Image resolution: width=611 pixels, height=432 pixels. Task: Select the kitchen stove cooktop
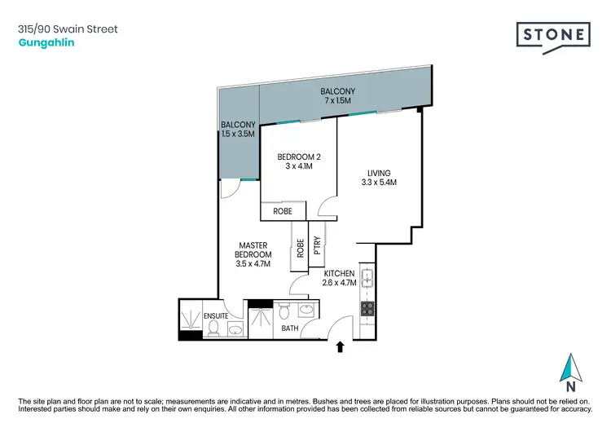tap(367, 309)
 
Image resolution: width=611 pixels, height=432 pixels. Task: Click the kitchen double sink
tap(367, 280)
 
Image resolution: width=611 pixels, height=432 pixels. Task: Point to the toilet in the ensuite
tap(213, 327)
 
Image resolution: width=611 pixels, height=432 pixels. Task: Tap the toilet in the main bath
tap(284, 311)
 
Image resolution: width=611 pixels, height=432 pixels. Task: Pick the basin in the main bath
tap(305, 311)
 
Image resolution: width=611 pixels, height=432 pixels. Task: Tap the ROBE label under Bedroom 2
tap(283, 212)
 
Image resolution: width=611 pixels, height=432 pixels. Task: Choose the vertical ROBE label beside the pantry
tap(300, 248)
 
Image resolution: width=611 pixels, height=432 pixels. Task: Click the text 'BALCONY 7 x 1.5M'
tap(336, 95)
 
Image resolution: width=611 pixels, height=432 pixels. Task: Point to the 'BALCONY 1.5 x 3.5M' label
tap(238, 129)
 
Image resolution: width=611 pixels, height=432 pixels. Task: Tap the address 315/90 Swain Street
tap(67, 29)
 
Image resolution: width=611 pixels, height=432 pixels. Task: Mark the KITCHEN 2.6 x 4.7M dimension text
tap(339, 278)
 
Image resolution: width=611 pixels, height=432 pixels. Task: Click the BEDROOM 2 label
tap(295, 161)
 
